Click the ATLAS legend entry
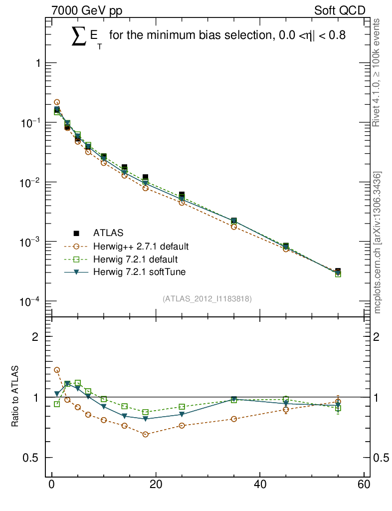click(108, 233)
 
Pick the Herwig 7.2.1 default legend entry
click(135, 259)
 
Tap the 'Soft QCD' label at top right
click(340, 10)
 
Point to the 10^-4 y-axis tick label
click(29, 301)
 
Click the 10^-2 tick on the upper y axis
click(29, 183)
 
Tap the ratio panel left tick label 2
click(35, 336)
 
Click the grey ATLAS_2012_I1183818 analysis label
click(206, 298)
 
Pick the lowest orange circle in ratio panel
click(145, 435)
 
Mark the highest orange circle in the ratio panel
click(57, 370)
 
